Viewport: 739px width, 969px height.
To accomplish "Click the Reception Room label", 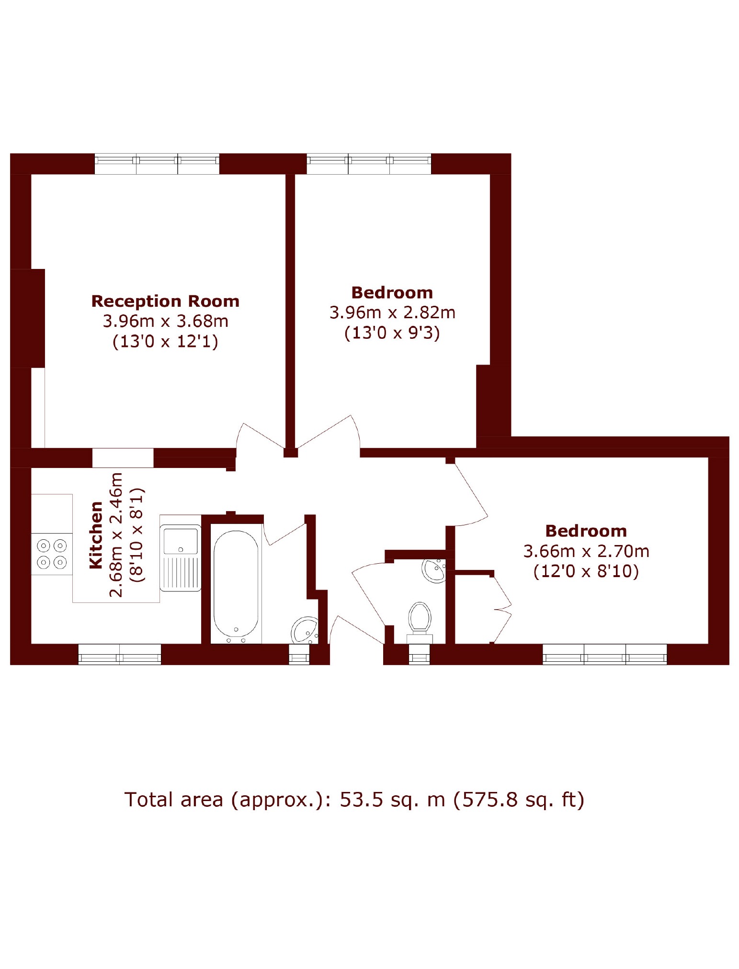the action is point(165,301).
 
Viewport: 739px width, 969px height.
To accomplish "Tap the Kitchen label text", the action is point(96,535).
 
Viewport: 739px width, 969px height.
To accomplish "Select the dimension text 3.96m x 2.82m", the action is point(392,312).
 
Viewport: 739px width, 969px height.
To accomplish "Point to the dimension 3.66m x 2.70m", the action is point(586,551).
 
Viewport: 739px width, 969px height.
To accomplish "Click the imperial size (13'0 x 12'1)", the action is point(165,341).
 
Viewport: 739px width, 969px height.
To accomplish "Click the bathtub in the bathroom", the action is point(236,586).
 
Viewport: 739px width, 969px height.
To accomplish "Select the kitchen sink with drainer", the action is point(181,558).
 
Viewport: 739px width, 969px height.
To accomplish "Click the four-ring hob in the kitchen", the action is point(52,554).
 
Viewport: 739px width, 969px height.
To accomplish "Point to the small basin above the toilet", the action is point(434,570).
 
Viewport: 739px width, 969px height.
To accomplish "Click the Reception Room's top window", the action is point(157,164).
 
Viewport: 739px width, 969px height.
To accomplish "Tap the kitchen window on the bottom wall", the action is point(120,654).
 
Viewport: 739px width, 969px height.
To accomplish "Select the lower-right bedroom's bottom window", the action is point(605,654).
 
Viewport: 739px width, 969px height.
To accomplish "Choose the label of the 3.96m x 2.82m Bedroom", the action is point(392,292).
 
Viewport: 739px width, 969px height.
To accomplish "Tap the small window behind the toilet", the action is point(420,654).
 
